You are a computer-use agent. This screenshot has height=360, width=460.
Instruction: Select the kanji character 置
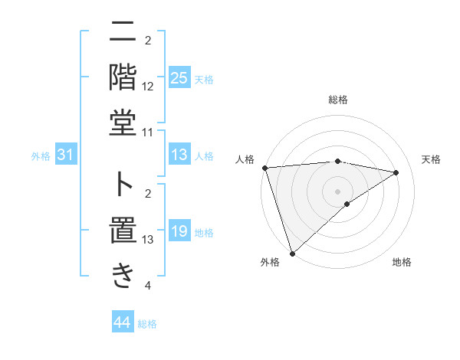[x=123, y=230]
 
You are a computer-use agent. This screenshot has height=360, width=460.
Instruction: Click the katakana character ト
[x=123, y=184]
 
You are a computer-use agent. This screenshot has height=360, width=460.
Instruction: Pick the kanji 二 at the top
[x=123, y=32]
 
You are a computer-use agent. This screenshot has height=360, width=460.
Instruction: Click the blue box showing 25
[x=179, y=78]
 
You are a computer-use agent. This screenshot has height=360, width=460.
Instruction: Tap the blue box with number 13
[x=179, y=155]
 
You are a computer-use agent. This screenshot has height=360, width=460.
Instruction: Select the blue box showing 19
[x=179, y=231]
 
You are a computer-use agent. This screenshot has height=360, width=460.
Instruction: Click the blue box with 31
[x=65, y=155]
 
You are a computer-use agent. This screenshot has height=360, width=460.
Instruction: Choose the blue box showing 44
[x=122, y=322]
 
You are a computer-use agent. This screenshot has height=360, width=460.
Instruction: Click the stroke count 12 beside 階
[x=148, y=87]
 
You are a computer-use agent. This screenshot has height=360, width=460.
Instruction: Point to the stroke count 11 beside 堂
[x=148, y=133]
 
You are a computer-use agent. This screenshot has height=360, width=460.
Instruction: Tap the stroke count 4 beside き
[x=148, y=286]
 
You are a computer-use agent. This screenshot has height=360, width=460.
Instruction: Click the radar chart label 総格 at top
[x=337, y=100]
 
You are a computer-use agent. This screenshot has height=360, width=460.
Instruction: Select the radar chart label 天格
[x=432, y=159]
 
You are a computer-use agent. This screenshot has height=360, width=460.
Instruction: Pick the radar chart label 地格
[x=402, y=263]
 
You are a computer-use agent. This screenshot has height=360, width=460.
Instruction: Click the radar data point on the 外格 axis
[x=292, y=253]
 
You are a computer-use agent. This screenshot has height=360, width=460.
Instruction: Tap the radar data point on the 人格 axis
[x=264, y=168]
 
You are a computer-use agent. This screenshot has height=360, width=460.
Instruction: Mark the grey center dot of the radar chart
[x=337, y=191]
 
